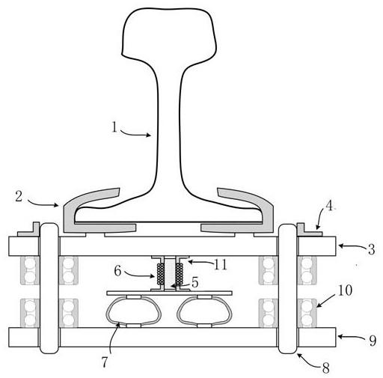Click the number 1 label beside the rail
[x=114, y=126]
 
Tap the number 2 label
[x=19, y=196]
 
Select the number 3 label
[x=371, y=249]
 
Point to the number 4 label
[x=329, y=206]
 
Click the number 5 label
[x=194, y=282]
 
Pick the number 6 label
[x=117, y=270]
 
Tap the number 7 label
[x=105, y=362]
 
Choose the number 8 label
[x=325, y=368]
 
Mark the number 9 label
[x=373, y=341]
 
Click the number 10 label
[x=345, y=290]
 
